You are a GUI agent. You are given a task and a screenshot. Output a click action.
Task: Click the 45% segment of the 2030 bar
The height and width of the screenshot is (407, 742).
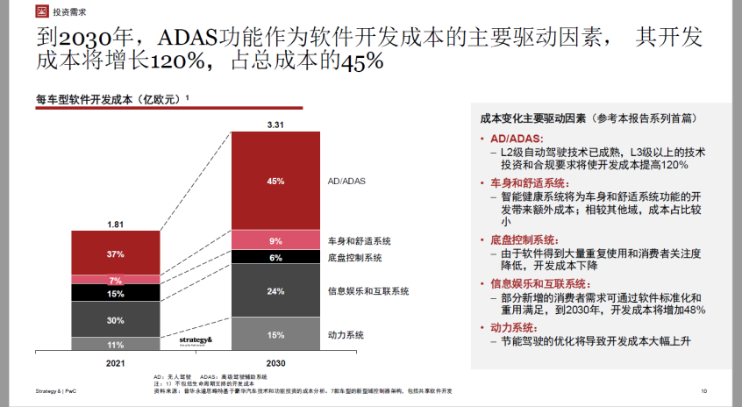[275, 182]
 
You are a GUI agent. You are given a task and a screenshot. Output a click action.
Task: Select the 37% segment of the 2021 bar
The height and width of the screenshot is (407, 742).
[116, 253]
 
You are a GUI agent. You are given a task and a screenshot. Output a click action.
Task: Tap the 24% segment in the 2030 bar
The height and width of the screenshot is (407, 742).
[275, 291]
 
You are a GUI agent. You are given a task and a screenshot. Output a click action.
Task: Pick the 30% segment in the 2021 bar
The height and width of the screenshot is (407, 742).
[116, 320]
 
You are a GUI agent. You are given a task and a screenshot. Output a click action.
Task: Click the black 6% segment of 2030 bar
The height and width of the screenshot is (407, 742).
[275, 257]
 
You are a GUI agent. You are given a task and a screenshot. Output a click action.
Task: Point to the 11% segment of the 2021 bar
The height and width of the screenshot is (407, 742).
[116, 345]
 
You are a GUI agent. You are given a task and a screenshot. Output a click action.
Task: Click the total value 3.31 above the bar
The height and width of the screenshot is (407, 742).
[275, 125]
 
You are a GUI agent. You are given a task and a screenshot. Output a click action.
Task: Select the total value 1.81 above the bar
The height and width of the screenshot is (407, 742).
[116, 225]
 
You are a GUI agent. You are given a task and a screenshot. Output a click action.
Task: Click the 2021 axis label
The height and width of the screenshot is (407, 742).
[116, 362]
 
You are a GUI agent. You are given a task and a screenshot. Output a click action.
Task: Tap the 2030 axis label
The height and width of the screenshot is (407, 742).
[275, 362]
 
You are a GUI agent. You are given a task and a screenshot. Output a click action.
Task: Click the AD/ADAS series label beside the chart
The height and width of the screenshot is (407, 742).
[346, 182]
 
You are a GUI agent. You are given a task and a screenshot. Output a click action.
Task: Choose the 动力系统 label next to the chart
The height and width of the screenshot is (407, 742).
[346, 335]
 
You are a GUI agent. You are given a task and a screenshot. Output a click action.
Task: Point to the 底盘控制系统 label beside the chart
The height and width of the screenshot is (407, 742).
[354, 258]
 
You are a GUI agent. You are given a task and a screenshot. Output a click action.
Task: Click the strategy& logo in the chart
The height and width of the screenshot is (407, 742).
[196, 340]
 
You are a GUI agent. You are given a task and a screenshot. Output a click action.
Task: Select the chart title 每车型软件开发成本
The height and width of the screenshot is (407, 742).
[110, 99]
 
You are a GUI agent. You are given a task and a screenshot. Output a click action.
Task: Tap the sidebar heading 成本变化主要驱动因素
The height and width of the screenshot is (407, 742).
[532, 117]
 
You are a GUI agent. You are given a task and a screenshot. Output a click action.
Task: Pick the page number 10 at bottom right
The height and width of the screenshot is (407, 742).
[703, 390]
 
